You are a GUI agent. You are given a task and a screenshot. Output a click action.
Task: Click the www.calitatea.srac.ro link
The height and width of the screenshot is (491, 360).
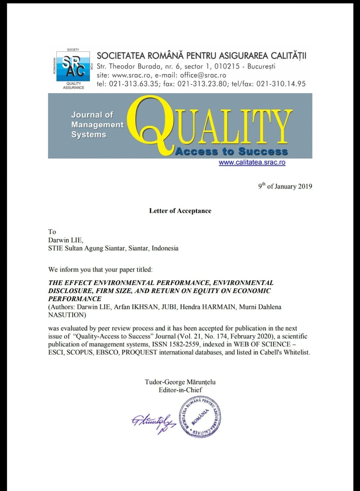click(x=252, y=162)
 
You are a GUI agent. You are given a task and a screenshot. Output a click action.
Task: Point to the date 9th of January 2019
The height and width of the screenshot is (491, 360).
click(x=285, y=186)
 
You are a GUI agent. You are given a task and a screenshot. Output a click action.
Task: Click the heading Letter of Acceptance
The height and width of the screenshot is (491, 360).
click(x=180, y=211)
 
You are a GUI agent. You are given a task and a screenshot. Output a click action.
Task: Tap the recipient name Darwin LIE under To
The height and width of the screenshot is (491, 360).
click(x=66, y=240)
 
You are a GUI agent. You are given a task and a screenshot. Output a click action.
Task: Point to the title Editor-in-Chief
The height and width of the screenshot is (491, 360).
click(x=180, y=390)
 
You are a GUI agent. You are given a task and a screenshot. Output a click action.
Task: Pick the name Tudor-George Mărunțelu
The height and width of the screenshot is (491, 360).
click(x=183, y=382)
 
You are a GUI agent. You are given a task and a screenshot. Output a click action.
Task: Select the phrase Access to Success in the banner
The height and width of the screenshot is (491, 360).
click(x=231, y=151)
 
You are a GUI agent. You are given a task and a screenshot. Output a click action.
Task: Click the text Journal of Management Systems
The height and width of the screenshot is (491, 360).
click(x=97, y=125)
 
